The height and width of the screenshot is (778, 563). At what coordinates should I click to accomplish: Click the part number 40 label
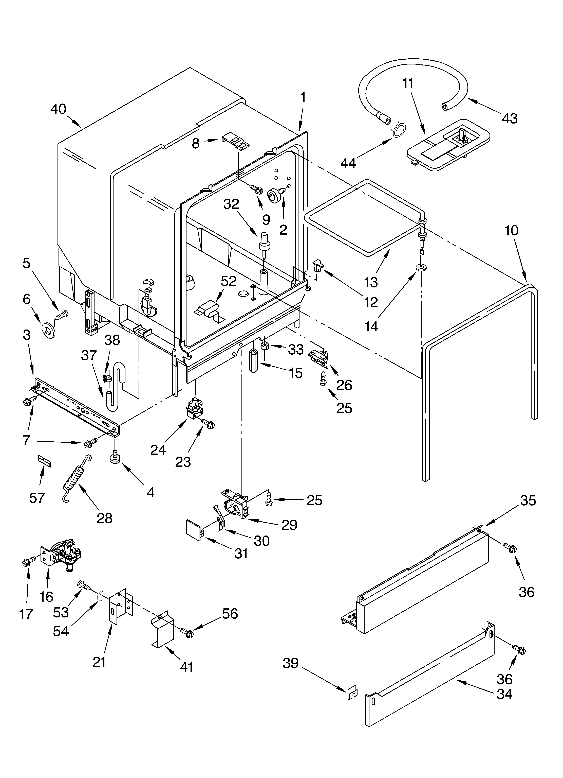58,109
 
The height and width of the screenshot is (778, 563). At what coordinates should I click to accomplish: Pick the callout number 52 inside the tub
229,281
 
